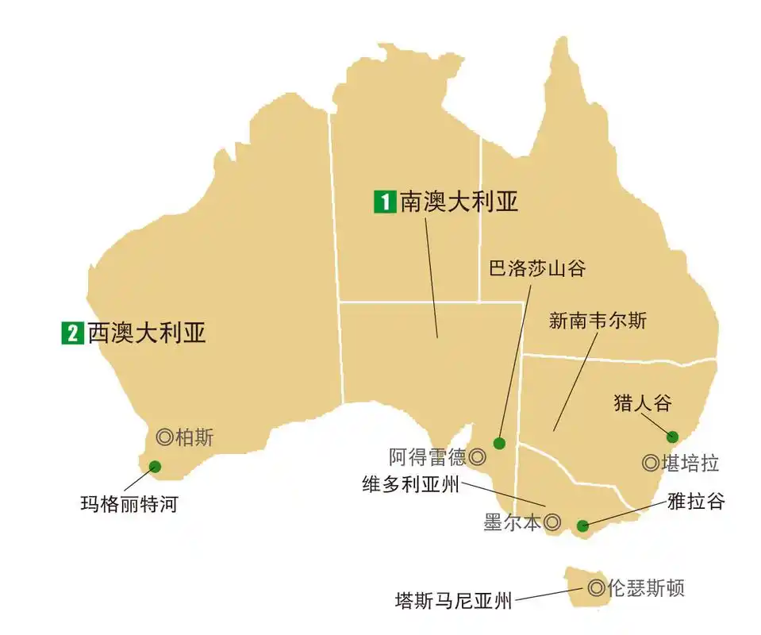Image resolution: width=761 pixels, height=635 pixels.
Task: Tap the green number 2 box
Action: tap(72, 333)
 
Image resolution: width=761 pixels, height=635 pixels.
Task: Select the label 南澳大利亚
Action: tap(459, 202)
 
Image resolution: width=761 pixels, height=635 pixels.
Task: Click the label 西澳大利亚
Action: tap(147, 332)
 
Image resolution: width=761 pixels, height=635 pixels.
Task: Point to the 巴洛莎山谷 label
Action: tap(536, 268)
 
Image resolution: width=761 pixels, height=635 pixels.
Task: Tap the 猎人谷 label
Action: tap(643, 402)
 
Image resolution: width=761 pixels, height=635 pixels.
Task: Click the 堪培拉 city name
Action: tap(690, 463)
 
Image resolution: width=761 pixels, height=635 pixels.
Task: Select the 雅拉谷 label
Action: tap(696, 501)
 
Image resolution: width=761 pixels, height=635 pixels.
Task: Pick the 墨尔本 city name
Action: tap(513, 523)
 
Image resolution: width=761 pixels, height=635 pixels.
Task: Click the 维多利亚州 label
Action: tap(411, 484)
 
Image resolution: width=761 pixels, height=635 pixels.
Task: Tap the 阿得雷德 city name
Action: tap(428, 457)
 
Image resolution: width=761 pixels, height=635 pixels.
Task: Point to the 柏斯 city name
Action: tap(194, 437)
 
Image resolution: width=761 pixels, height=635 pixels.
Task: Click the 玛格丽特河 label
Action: tap(129, 503)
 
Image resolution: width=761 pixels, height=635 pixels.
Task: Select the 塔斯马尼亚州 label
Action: tap(454, 600)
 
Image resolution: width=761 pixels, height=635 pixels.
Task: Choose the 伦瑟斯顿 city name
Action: tap(645, 588)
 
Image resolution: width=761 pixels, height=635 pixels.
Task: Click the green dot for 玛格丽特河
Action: tap(155, 467)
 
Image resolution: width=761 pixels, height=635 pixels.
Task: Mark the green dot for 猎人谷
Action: tap(673, 436)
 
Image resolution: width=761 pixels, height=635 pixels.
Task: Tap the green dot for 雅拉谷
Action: tap(582, 525)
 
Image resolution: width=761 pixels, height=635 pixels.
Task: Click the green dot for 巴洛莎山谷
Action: tap(499, 443)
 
